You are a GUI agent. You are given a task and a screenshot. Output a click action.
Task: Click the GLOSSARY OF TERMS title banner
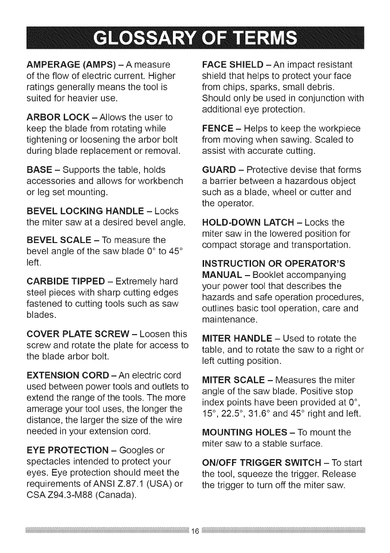[195, 37]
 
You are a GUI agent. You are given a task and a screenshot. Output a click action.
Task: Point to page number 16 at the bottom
[195, 531]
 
